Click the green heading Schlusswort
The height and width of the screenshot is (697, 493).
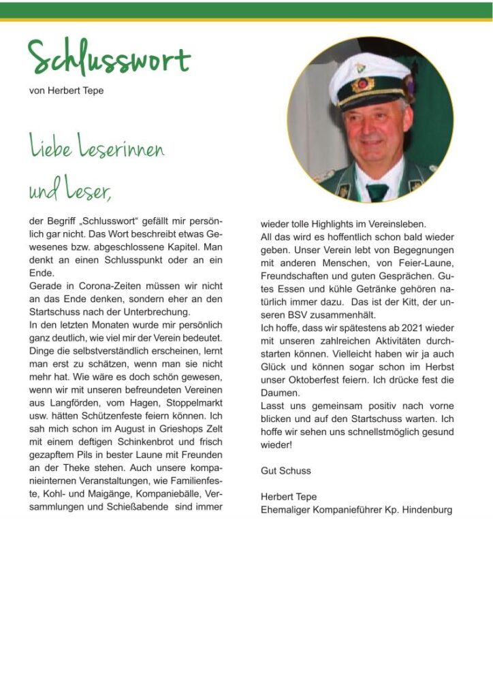(x=109, y=59)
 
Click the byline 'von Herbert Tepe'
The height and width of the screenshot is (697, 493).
(x=66, y=91)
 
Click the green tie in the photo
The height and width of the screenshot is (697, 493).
(x=377, y=191)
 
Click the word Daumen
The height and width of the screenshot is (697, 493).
(x=279, y=393)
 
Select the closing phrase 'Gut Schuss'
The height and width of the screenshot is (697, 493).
(x=285, y=470)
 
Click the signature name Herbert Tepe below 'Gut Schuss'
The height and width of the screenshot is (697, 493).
(x=289, y=497)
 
